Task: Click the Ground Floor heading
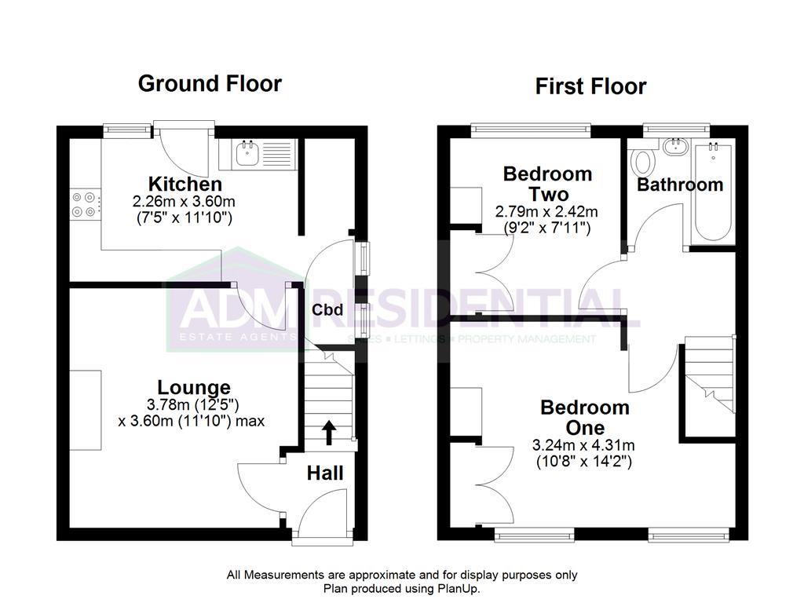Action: coord(209,83)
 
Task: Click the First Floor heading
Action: coord(590,86)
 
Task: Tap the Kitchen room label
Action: coord(185,185)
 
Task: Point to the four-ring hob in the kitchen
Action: coord(86,204)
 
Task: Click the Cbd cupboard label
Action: coord(327,310)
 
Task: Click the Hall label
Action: coord(324,473)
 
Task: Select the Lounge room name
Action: coord(194,387)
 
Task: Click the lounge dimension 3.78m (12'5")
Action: coord(194,404)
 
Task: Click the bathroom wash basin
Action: coord(674,148)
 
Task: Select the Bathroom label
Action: coord(679,185)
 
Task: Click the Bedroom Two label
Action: coord(547,183)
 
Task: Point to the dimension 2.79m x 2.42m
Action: coord(546,212)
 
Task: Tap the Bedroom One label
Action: coord(584,417)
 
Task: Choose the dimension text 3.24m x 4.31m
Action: coord(583,445)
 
